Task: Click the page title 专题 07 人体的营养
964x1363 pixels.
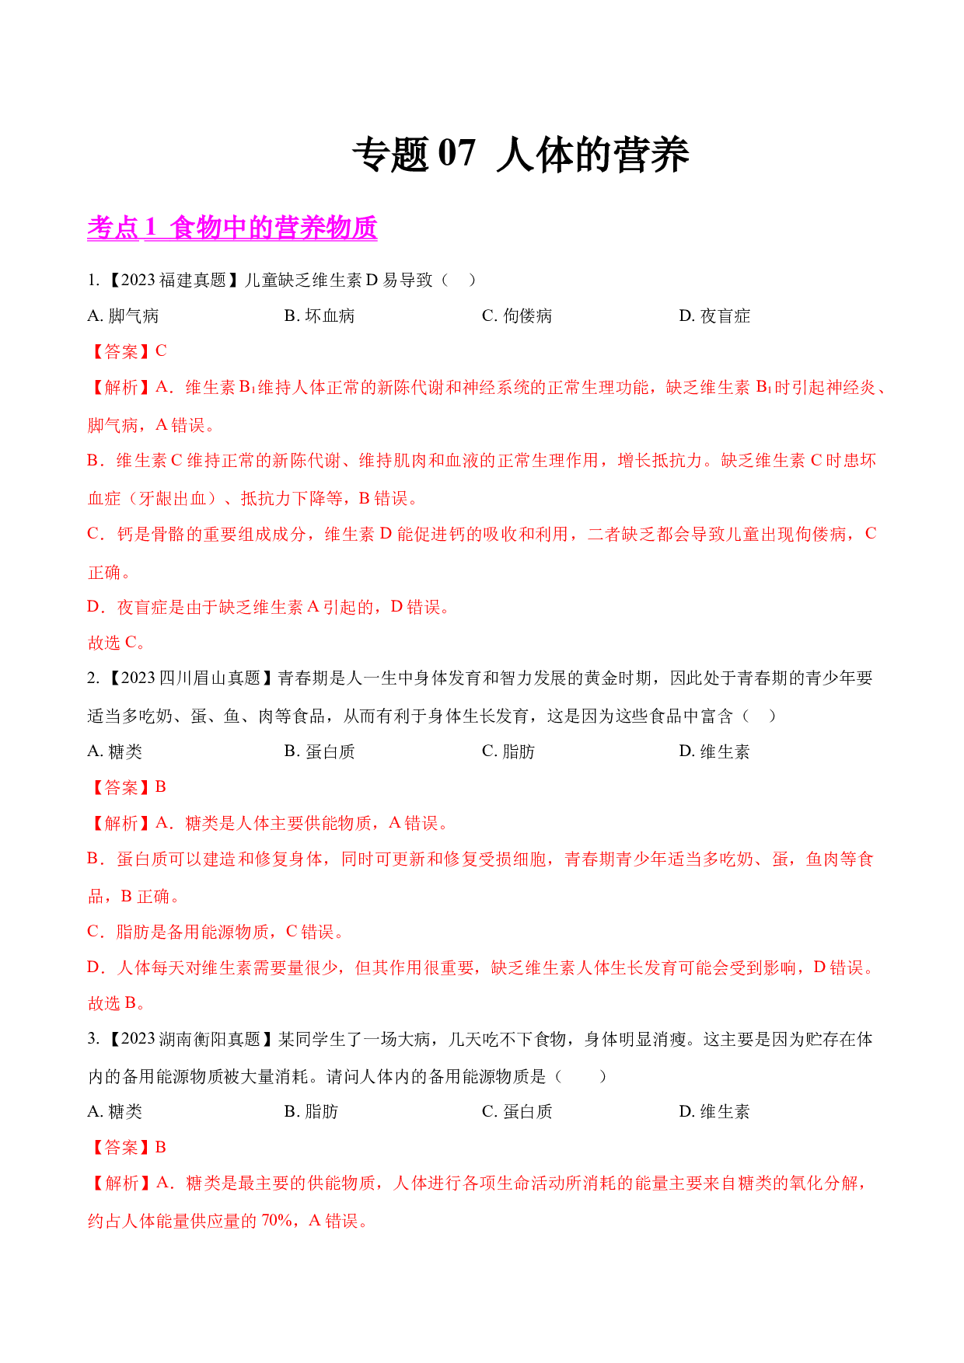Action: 521,154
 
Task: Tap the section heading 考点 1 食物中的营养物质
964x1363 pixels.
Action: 232,228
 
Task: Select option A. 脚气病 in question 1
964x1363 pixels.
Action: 123,315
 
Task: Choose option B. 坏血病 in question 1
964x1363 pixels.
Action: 320,315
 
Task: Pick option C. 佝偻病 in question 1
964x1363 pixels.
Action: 517,315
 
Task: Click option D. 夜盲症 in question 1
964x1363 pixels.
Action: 714,315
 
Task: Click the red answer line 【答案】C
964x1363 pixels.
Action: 127,351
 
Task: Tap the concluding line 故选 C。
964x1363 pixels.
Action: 117,643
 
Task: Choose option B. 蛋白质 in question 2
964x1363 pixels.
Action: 320,751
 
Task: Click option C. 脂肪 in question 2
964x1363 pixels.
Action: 508,751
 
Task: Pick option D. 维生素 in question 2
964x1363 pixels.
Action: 714,751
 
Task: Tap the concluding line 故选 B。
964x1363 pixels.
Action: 117,1003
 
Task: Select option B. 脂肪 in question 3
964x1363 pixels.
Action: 311,1112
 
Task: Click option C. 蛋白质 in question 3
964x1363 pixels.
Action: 517,1112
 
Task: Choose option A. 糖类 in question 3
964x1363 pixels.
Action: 115,1112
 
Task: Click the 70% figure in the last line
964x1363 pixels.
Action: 277,1221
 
